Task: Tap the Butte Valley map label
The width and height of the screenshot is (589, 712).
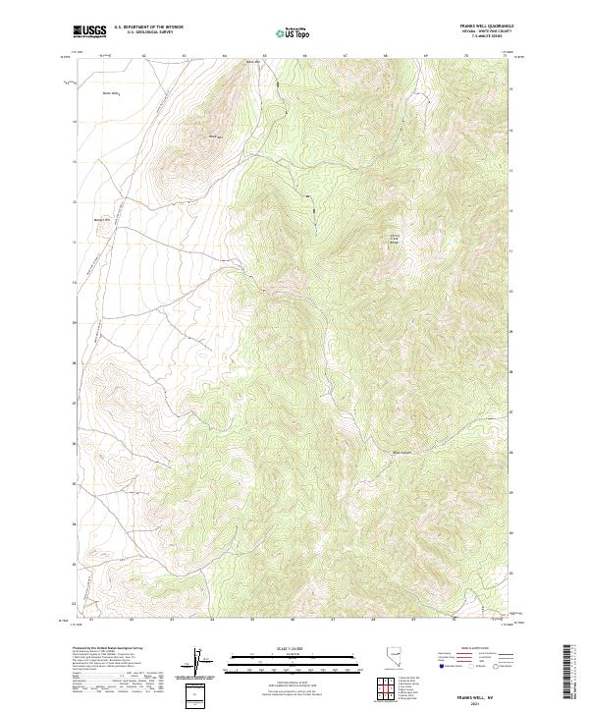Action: (110, 94)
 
